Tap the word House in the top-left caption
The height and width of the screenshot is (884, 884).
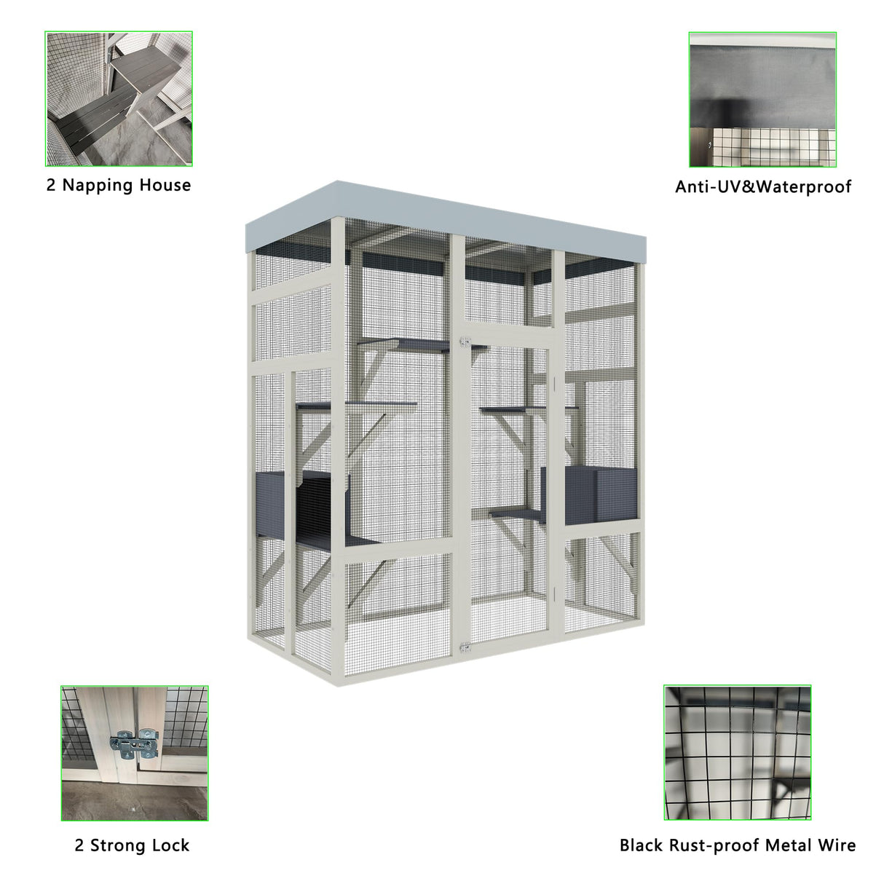[x=165, y=185]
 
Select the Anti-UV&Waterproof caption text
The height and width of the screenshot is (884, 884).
[x=762, y=187]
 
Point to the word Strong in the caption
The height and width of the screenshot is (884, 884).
[x=120, y=845]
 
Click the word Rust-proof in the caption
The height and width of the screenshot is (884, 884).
[x=711, y=845]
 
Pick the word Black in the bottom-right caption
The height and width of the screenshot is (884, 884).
[x=640, y=845]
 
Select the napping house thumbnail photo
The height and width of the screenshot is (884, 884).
[x=119, y=98]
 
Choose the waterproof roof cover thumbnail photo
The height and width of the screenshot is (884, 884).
[x=762, y=99]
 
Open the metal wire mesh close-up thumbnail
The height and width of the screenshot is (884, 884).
[x=737, y=752]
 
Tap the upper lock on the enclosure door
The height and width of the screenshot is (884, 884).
[x=464, y=340]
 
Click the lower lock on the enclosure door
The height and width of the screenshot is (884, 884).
[x=464, y=647]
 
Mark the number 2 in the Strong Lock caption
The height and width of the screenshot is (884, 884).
[x=79, y=845]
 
